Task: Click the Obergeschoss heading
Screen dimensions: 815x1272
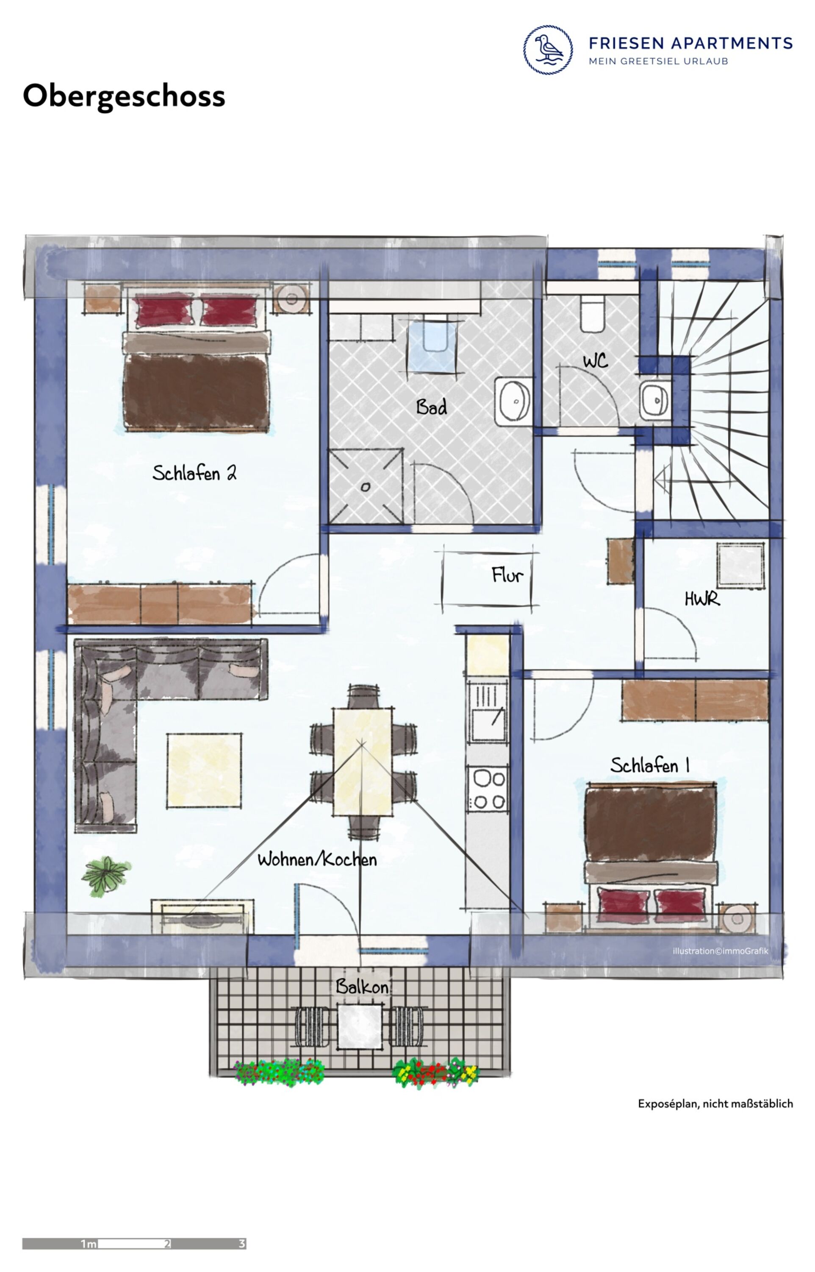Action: point(124,96)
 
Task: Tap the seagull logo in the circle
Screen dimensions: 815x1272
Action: point(548,49)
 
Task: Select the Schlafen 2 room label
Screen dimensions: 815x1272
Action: point(194,472)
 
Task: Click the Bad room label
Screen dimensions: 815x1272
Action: point(431,407)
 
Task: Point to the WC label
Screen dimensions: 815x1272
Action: point(596,361)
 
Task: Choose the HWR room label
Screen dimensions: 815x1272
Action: point(702,599)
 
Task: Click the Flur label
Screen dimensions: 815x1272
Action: point(507,575)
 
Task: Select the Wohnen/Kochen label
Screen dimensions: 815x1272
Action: point(317,859)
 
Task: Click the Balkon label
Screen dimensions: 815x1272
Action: point(363,986)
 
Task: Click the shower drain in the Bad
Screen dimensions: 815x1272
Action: point(366,487)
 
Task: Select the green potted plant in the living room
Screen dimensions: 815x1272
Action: point(106,876)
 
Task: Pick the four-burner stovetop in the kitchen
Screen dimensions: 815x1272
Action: point(487,789)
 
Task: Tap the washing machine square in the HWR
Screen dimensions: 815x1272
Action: point(741,564)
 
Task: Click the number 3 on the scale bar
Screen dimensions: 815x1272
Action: point(242,1243)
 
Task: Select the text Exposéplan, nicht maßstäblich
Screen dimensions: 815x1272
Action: point(715,1103)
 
